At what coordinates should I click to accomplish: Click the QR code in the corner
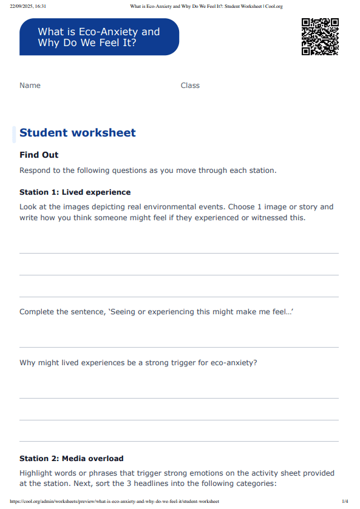click(x=320, y=37)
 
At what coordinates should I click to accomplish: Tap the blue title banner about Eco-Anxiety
click(x=99, y=37)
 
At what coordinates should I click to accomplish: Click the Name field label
click(x=30, y=86)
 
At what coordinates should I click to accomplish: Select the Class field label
click(x=190, y=86)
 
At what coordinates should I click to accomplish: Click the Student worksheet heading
click(x=78, y=133)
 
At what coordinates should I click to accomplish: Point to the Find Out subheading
click(x=39, y=155)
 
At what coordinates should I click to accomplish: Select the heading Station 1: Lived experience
click(x=75, y=192)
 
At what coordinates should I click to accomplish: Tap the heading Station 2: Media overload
click(x=71, y=459)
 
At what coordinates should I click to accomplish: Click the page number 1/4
click(x=345, y=502)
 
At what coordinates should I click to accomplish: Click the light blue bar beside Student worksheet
click(x=14, y=134)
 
